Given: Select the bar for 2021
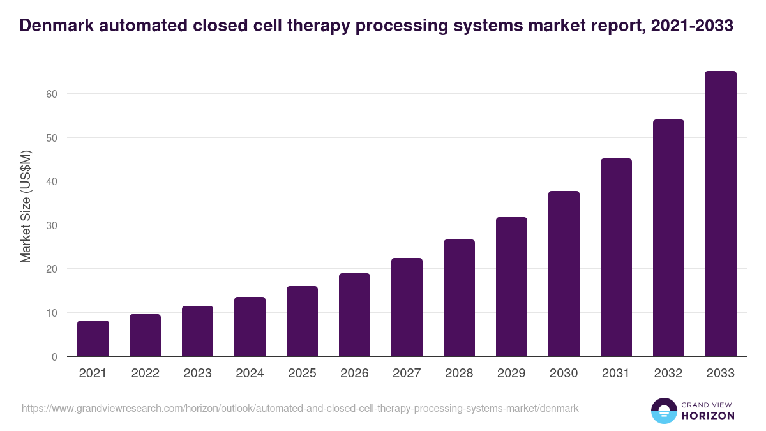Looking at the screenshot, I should (x=93, y=338).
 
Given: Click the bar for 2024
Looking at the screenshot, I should (x=250, y=327).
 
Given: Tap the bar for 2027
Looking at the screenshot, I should (x=407, y=307).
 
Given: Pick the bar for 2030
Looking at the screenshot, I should (x=564, y=274).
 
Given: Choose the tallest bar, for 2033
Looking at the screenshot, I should (x=721, y=214).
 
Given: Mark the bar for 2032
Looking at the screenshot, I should (x=668, y=238).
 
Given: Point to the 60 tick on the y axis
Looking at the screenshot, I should (x=52, y=94).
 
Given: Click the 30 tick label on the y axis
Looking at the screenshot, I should (x=52, y=225).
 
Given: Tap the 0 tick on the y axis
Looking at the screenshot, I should (x=54, y=357).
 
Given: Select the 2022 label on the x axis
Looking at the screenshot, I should (x=146, y=374).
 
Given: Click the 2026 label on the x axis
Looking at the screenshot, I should (x=354, y=374).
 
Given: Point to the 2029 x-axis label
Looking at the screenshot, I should (x=511, y=374).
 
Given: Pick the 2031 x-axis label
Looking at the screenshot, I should (x=616, y=374).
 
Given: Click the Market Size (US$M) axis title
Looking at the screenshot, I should (x=26, y=206).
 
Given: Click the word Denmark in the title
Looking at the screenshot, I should (x=55, y=26).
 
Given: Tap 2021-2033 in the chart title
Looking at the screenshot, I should (x=693, y=26).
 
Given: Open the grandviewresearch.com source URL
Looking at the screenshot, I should (x=300, y=408).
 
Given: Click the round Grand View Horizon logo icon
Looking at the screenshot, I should (x=663, y=411).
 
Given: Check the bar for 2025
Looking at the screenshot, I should (x=302, y=321).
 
